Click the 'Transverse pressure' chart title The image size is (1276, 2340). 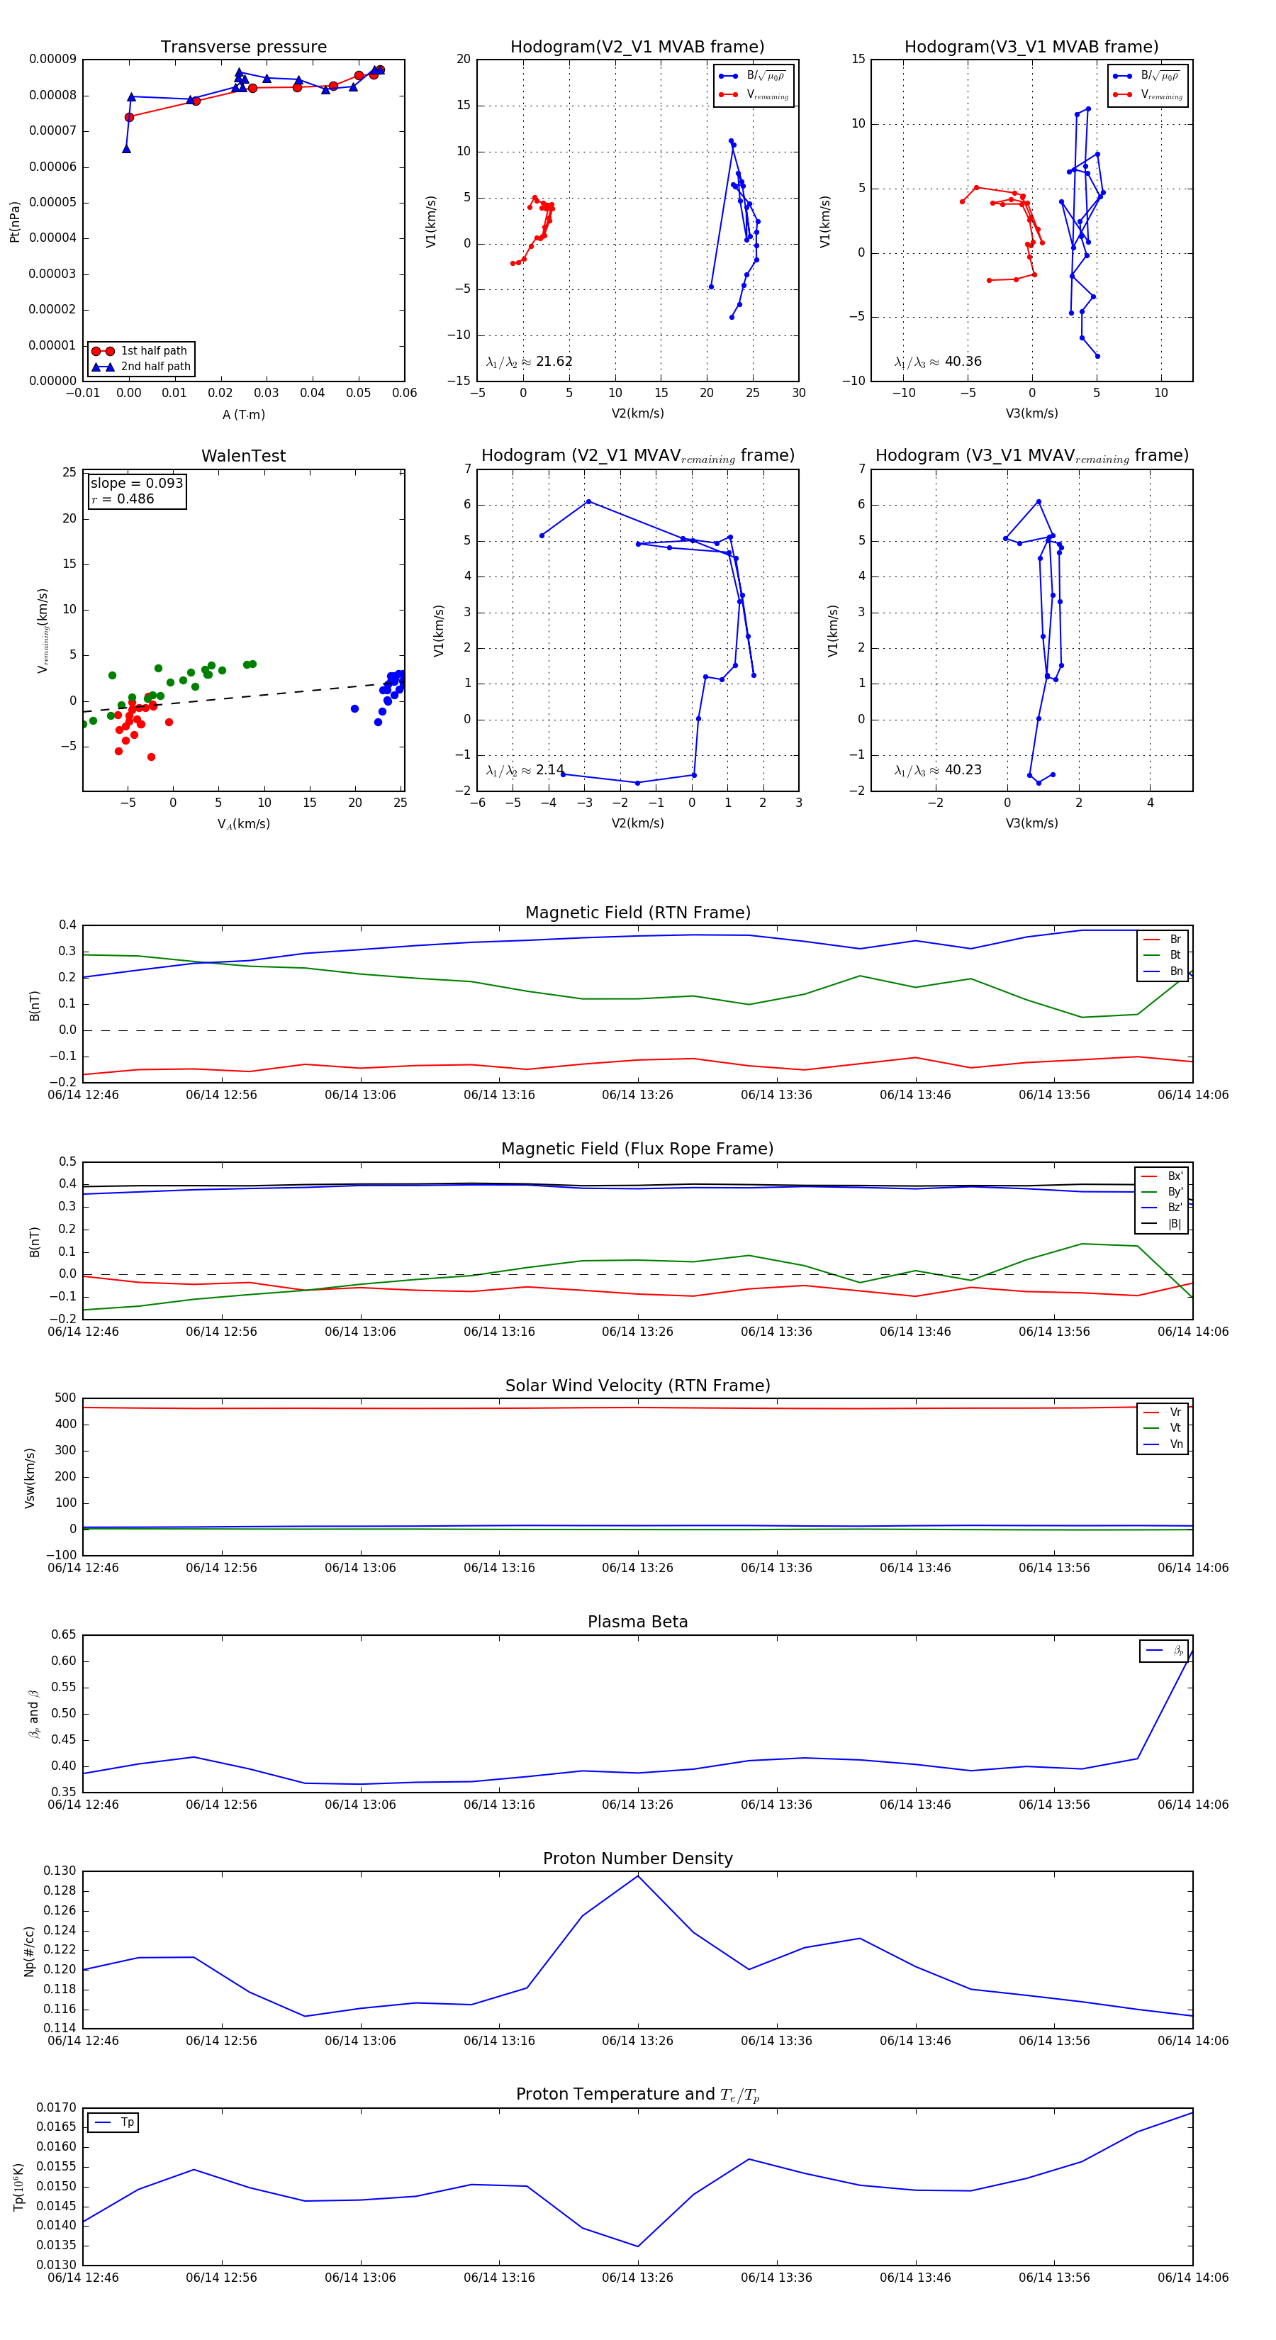coord(243,48)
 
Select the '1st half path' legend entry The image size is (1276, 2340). coord(152,350)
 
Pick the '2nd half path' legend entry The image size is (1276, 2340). coord(155,367)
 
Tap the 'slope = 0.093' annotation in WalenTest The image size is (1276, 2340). coord(136,484)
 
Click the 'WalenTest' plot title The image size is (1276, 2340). coord(243,456)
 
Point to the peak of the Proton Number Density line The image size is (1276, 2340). coord(637,1876)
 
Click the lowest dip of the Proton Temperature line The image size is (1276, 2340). coord(637,2246)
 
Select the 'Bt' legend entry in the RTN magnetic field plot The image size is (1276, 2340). coord(1175,954)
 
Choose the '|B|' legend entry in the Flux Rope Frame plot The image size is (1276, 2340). coord(1175,1224)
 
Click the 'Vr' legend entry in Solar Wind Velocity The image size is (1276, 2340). coord(1175,1413)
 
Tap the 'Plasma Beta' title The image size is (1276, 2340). coord(637,1622)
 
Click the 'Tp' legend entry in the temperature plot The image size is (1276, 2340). coord(126,2123)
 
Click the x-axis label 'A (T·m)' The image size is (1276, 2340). coord(243,414)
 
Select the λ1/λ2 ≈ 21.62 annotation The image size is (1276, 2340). coord(530,362)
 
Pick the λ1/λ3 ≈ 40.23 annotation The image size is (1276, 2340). coord(937,770)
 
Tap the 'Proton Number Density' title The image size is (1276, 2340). coord(637,1859)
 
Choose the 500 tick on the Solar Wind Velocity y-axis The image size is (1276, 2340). coord(65,1398)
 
